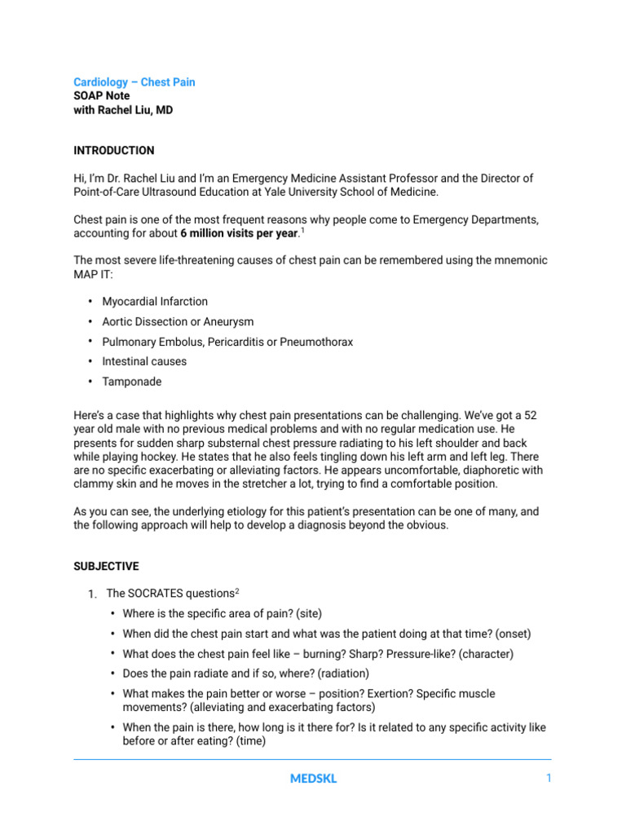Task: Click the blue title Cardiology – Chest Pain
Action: (134, 82)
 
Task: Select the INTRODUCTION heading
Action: (113, 151)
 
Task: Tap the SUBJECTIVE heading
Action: (106, 566)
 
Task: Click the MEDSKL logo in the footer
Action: (313, 779)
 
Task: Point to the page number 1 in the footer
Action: (549, 779)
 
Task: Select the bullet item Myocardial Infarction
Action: (155, 302)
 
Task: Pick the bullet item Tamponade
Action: (131, 382)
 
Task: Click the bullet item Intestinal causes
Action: (144, 361)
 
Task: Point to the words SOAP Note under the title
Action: (101, 95)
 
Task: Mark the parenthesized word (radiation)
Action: (343, 674)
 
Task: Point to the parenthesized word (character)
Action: (485, 654)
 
